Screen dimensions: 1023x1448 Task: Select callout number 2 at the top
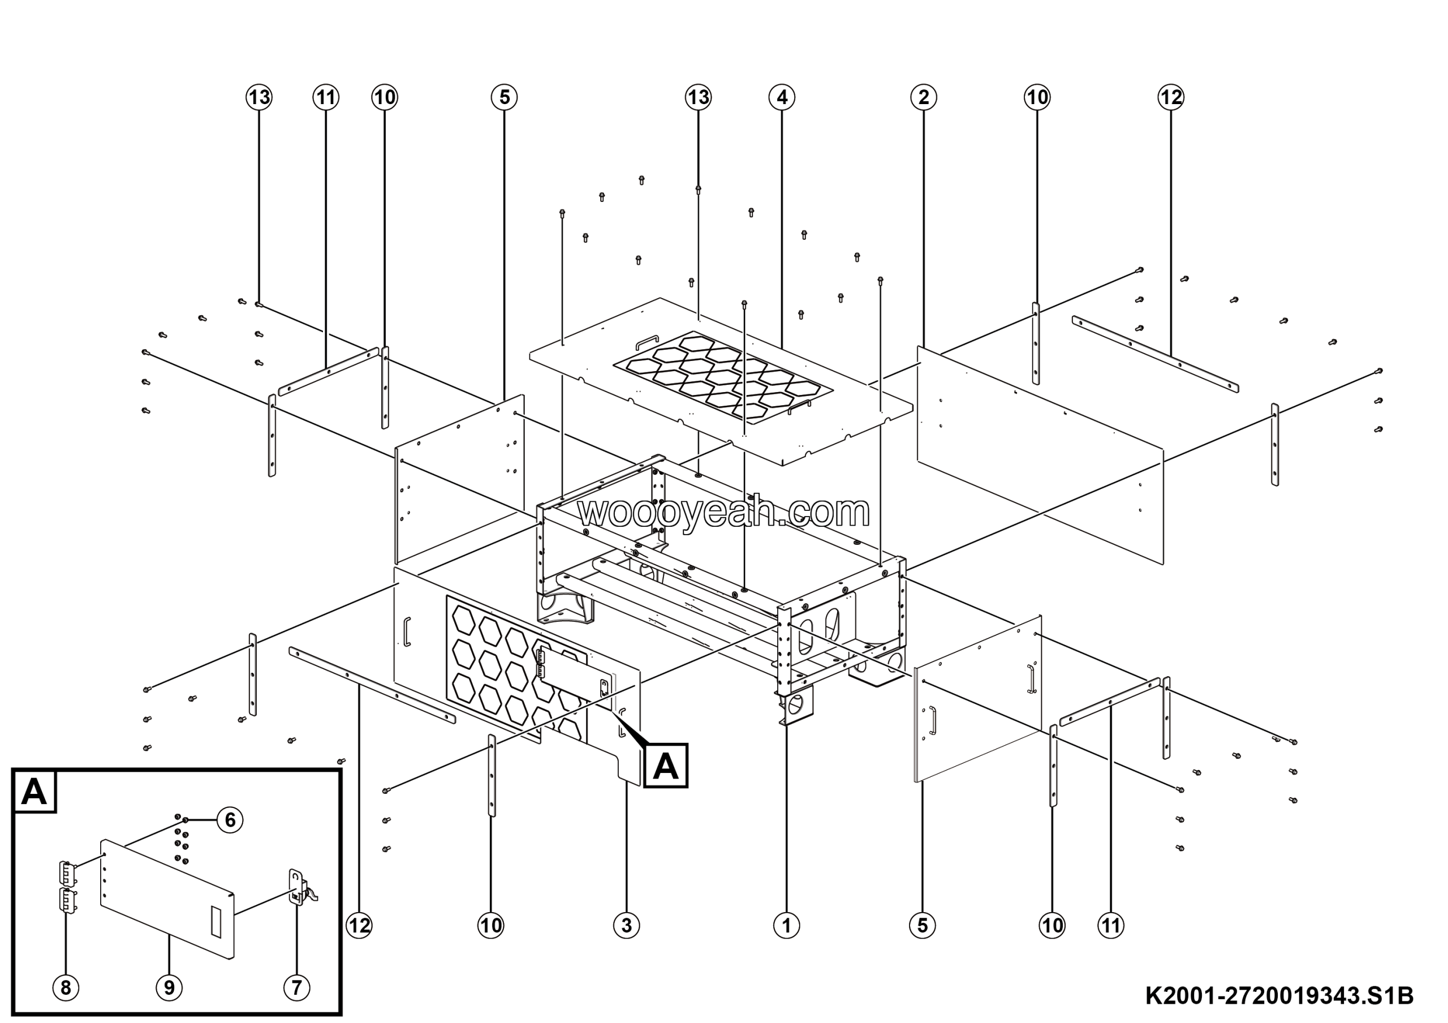click(923, 97)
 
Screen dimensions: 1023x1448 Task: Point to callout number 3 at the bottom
click(626, 925)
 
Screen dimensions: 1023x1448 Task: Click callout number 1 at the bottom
click(786, 925)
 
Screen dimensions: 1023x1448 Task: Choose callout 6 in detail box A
click(230, 820)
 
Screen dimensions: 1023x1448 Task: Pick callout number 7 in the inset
click(296, 987)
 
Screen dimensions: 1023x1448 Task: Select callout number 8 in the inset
click(66, 987)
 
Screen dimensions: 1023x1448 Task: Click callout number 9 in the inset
click(169, 987)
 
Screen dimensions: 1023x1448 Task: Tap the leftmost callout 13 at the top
click(258, 97)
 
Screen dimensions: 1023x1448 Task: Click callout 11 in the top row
click(325, 97)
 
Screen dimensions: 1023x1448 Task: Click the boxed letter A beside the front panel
click(665, 766)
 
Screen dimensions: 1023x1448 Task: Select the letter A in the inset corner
click(34, 791)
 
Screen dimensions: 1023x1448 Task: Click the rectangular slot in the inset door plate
click(216, 922)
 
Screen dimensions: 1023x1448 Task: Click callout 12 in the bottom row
click(360, 925)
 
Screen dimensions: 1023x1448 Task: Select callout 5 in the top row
click(504, 97)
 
